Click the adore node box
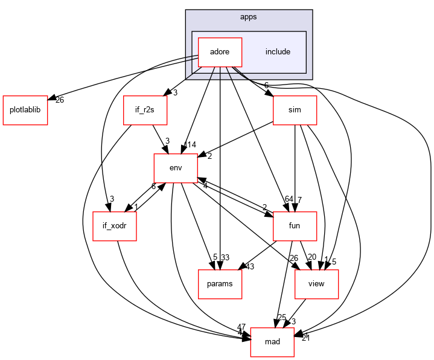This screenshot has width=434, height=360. (219, 52)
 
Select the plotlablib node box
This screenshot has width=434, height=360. (25, 111)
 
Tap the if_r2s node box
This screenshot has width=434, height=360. (145, 111)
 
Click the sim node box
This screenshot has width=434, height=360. (295, 111)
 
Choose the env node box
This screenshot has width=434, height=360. (176, 168)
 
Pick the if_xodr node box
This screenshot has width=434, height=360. (115, 226)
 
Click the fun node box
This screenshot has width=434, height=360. (295, 226)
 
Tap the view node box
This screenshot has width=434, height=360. (316, 284)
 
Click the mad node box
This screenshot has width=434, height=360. (272, 342)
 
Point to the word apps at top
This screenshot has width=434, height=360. (248, 17)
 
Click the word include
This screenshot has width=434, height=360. (278, 52)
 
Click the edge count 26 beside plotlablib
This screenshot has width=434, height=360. (60, 100)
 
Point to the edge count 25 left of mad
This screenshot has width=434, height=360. (282, 317)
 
